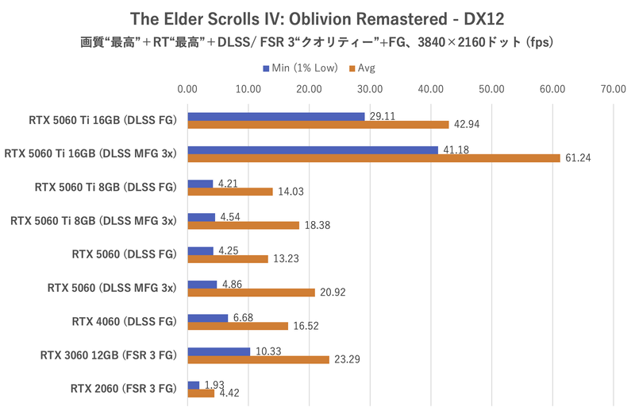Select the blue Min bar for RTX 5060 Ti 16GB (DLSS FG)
(x=275, y=116)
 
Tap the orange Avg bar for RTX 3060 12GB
(x=258, y=359)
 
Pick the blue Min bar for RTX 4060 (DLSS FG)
(x=207, y=318)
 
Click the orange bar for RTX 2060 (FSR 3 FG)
(x=201, y=393)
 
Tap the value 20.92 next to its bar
(x=333, y=293)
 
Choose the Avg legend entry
(x=363, y=68)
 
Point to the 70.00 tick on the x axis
(x=614, y=90)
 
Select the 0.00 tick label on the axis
(x=187, y=90)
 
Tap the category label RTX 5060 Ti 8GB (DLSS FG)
(x=105, y=188)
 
